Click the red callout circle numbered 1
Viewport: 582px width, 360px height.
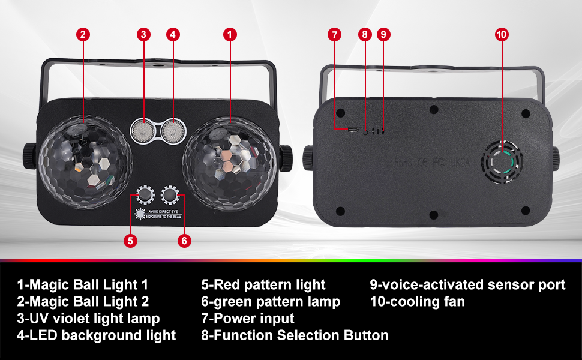point(229,34)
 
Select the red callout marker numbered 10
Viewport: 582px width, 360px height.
point(502,34)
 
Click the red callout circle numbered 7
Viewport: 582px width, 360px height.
point(335,34)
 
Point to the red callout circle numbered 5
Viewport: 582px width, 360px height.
point(130,241)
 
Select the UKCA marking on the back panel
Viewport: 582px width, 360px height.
point(461,162)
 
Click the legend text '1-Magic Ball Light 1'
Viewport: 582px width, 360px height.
point(82,284)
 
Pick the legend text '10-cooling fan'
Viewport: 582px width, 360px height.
point(417,301)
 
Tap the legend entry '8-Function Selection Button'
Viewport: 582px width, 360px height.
point(295,335)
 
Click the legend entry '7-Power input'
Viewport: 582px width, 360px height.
point(248,318)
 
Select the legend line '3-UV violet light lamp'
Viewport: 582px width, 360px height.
point(88,318)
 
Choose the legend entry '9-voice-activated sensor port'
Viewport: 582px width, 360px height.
point(467,284)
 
